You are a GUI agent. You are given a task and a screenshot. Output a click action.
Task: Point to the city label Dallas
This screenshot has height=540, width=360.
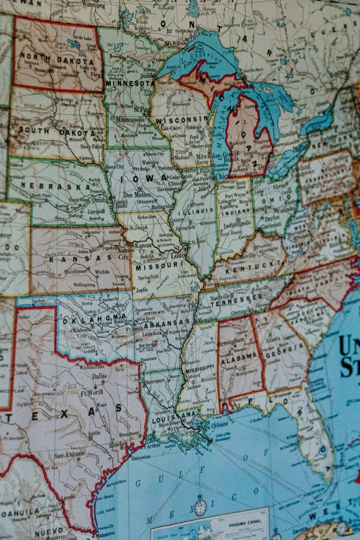[x=99, y=376]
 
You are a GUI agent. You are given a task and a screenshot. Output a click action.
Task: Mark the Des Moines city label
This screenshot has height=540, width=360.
[x=137, y=195]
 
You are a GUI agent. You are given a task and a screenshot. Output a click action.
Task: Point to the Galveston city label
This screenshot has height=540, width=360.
[x=141, y=456]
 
